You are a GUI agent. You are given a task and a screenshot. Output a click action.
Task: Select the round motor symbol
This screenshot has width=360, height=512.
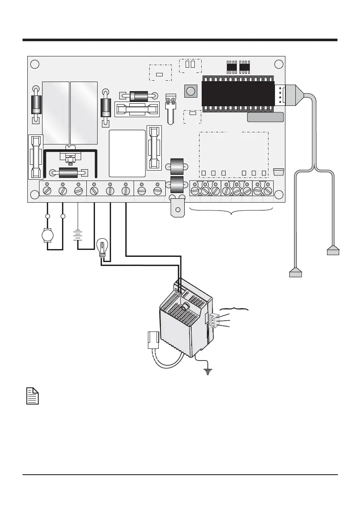pos(47,235)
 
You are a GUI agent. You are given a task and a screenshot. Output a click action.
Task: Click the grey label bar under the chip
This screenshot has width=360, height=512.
pos(265,117)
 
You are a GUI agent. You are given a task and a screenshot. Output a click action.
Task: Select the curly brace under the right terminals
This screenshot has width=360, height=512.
pos(232,212)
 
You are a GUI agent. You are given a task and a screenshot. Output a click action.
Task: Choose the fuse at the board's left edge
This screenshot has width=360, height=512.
pos(36,156)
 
